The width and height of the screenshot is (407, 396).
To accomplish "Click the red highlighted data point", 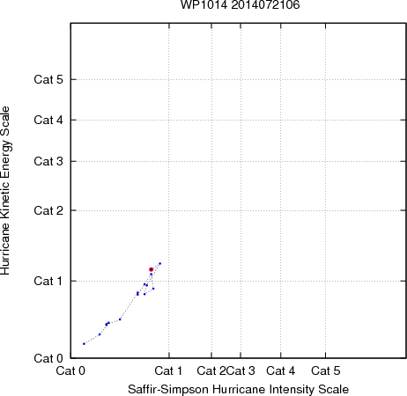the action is tap(151, 269).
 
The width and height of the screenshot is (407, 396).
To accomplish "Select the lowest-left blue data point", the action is tap(84, 343).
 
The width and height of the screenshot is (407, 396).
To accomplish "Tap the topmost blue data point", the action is tap(160, 263).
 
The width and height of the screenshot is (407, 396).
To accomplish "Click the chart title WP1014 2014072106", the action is tap(240, 5).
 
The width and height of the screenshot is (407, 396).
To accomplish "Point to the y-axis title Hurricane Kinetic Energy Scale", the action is tap(5, 190).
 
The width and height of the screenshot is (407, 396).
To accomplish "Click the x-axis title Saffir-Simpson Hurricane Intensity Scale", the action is tap(238, 389).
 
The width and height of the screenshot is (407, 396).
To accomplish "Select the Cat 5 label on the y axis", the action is tap(48, 79).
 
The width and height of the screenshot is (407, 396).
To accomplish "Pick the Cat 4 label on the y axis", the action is tap(48, 120).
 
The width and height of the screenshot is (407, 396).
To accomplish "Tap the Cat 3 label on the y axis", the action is tap(48, 161).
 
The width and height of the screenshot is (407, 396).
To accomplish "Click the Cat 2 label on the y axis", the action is tap(48, 210).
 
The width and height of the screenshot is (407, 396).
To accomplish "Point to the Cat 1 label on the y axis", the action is tap(48, 281).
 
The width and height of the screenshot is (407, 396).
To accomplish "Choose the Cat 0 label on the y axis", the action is tap(48, 358).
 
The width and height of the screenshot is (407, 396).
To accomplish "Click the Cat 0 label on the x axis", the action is tap(70, 370).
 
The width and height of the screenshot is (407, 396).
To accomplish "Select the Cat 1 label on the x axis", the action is tap(168, 370).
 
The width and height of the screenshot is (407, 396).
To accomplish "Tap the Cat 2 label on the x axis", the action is tap(211, 370).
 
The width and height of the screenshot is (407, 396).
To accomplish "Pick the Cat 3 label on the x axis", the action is tap(241, 370).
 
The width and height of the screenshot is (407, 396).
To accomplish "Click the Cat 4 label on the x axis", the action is tap(281, 370).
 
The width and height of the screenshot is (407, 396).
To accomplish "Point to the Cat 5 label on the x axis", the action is tap(326, 370).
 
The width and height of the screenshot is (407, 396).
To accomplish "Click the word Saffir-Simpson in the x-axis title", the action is tap(168, 389).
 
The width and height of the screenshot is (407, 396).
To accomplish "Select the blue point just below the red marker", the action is tap(152, 275).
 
